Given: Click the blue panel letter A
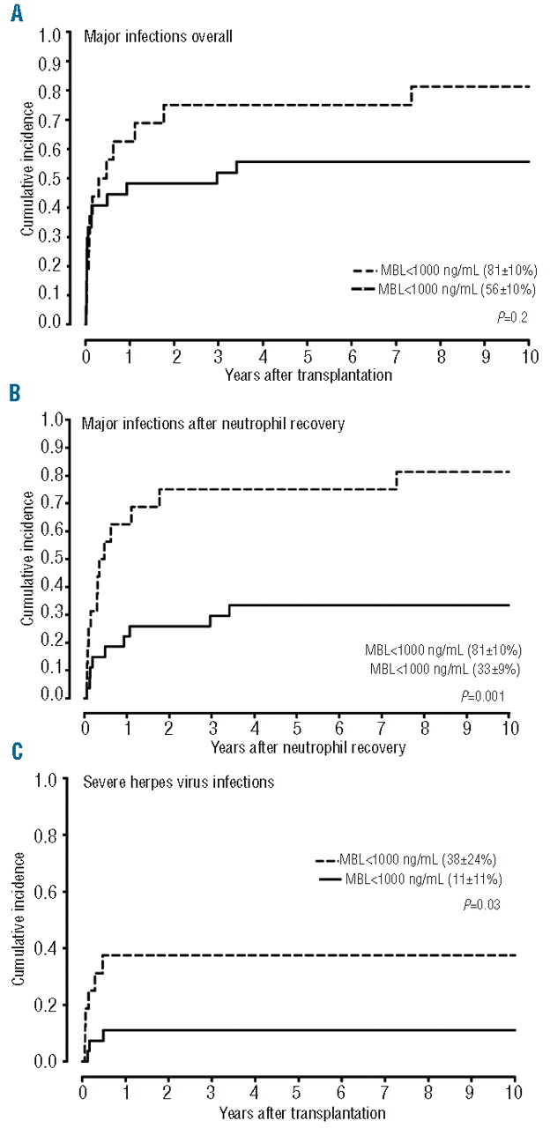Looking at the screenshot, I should click(16, 11).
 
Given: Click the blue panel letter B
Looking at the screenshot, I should click(15, 393).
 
